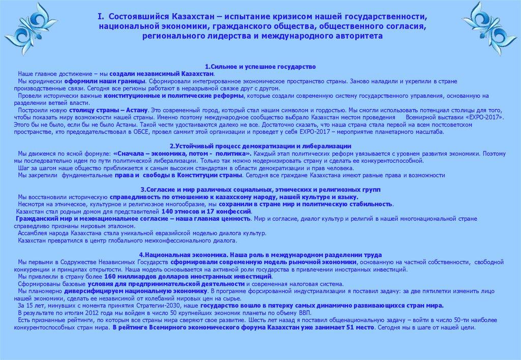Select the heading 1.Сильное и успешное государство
click(x=260, y=67)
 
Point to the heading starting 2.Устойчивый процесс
click(x=260, y=146)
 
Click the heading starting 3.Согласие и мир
click(x=260, y=190)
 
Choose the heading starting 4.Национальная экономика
click(x=260, y=254)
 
